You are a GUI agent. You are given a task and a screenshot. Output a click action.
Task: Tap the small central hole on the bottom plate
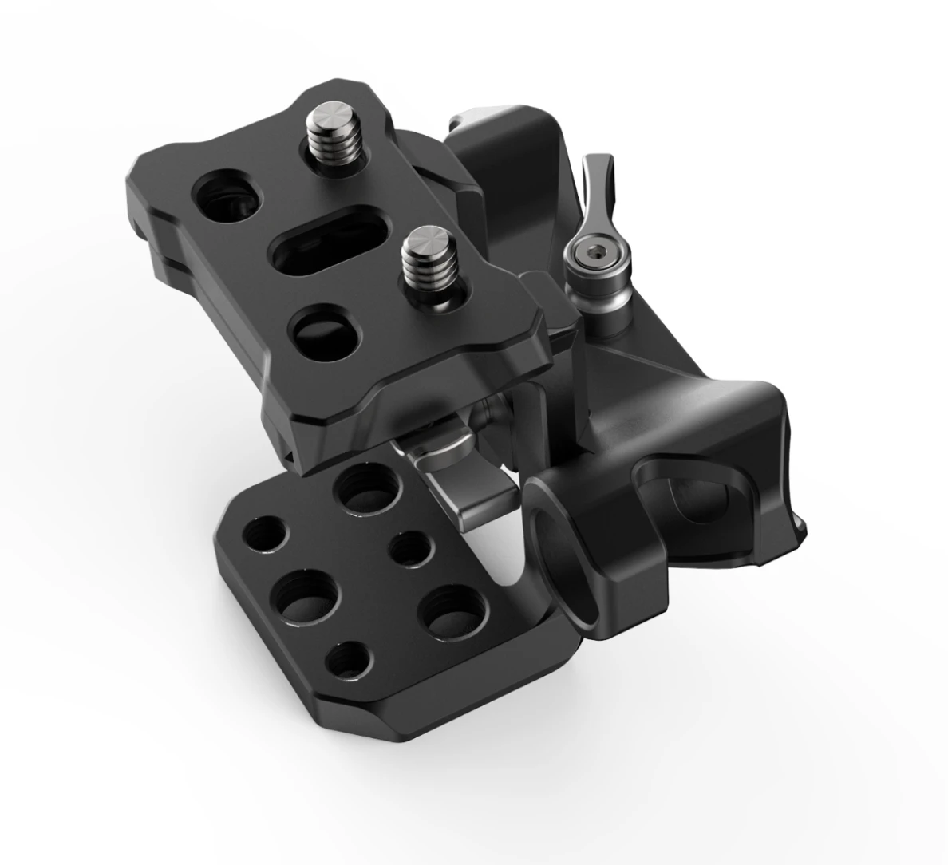pyautogui.click(x=411, y=548)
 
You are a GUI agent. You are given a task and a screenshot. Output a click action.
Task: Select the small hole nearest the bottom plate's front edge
pyautogui.click(x=351, y=659)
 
